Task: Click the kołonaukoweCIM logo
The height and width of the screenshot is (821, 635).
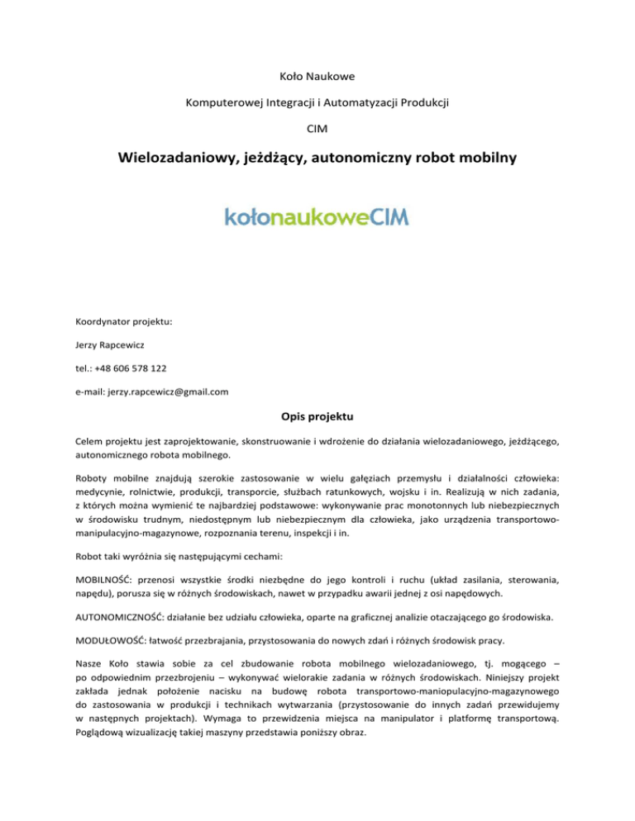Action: coord(317,216)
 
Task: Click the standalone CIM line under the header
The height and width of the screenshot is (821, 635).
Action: coord(317,128)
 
